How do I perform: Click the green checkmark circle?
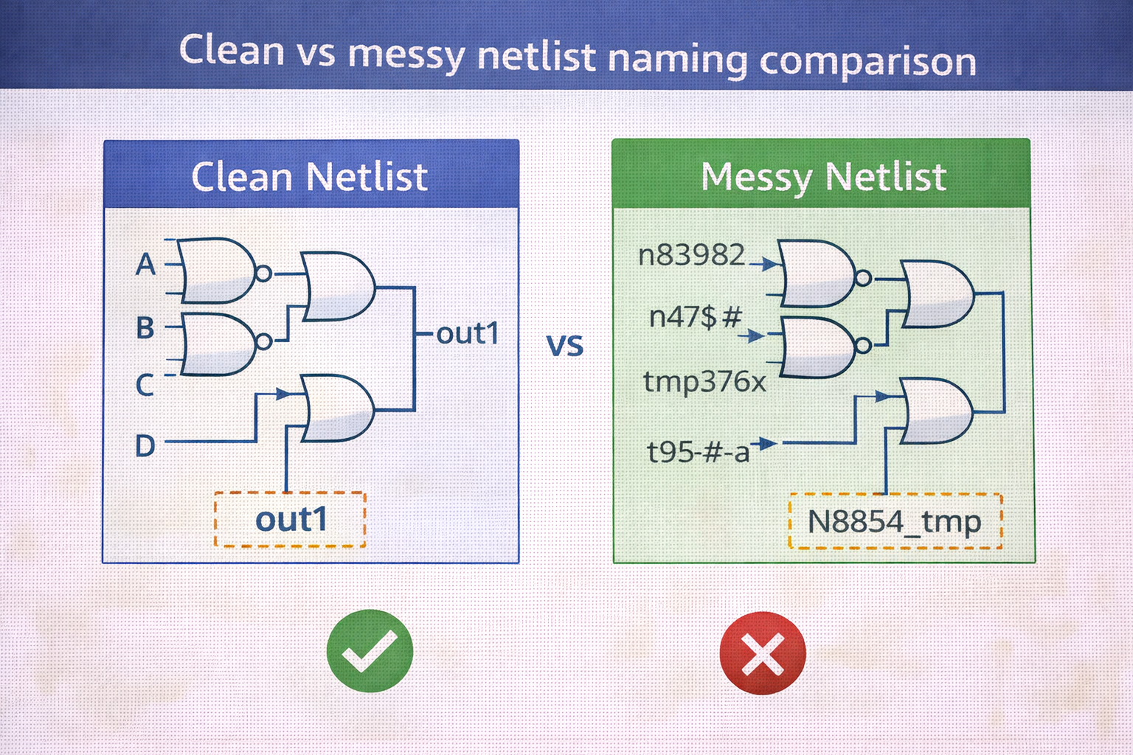coord(370,651)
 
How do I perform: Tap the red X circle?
coord(762,653)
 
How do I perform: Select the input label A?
coord(145,264)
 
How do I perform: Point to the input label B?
coord(145,327)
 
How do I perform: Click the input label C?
coord(145,385)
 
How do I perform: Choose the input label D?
coord(145,445)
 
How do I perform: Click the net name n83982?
coord(691,254)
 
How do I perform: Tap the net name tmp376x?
coord(704,382)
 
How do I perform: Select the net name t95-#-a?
coord(698,451)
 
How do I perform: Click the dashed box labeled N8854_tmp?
coord(895,521)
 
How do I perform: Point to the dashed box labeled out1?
coord(290,519)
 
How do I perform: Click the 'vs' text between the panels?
coord(565,345)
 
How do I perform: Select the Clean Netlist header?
coord(311,173)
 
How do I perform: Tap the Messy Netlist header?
coord(821,173)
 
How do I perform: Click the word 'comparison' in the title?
coord(868,62)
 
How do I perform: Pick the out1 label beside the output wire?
coord(468,333)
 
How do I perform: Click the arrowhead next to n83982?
coord(770,263)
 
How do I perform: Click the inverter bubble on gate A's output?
coord(263,274)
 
